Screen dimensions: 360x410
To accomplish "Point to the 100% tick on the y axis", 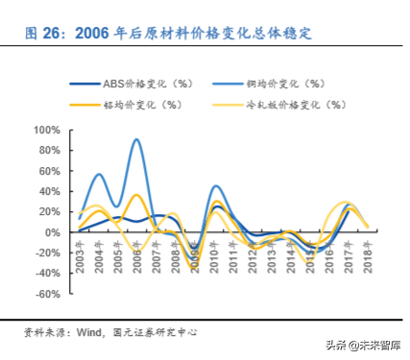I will coord(48,130).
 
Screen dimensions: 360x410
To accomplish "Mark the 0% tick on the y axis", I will coord(53,232).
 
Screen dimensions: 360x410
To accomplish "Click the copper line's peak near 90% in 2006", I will coord(137,140).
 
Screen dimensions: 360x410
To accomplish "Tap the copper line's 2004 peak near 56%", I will coord(99,175).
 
